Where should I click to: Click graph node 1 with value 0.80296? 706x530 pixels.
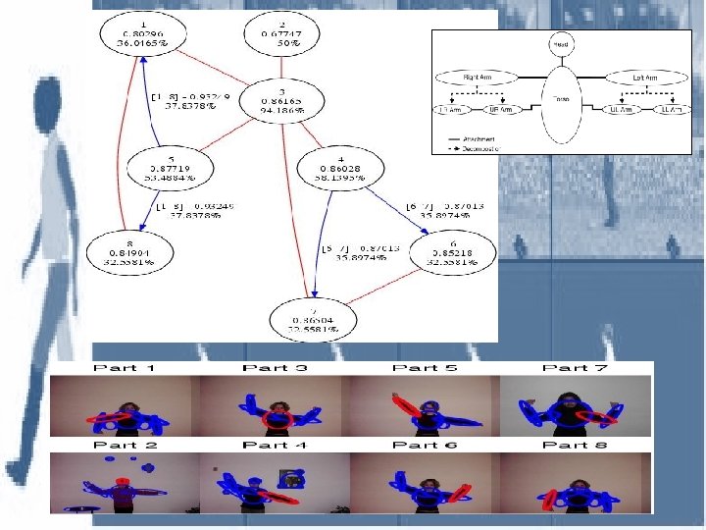(144, 33)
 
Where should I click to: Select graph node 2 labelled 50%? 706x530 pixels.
(283, 33)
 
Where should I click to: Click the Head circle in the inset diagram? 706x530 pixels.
(561, 44)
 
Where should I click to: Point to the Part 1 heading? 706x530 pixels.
(125, 368)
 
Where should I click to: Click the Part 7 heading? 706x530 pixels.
(571, 368)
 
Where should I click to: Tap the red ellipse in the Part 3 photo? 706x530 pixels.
(277, 420)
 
